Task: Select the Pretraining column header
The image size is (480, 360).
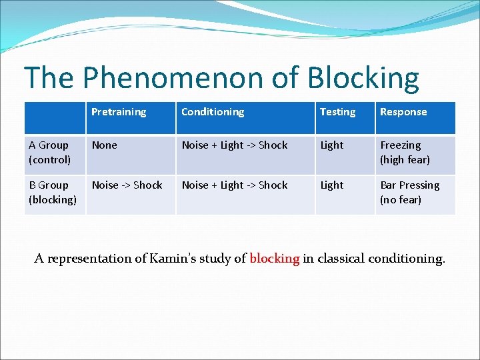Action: point(119,112)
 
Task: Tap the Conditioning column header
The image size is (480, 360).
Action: point(213,112)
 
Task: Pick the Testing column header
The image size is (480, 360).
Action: point(337,112)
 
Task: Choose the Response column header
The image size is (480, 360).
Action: point(403,112)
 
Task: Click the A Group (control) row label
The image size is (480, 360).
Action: point(49,152)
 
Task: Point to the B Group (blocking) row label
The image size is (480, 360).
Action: point(53,192)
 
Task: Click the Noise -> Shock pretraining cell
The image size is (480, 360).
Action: point(127,185)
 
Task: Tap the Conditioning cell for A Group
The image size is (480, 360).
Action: point(235,145)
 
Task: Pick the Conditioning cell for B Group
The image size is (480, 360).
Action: point(235,185)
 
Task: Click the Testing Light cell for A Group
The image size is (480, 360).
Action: point(332,145)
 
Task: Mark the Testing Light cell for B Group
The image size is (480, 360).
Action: point(332,185)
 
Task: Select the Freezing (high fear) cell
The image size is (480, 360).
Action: point(405,152)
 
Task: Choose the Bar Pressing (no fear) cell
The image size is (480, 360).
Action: point(409,192)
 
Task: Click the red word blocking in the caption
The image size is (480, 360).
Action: point(274,259)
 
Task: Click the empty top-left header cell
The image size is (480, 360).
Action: point(55,117)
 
